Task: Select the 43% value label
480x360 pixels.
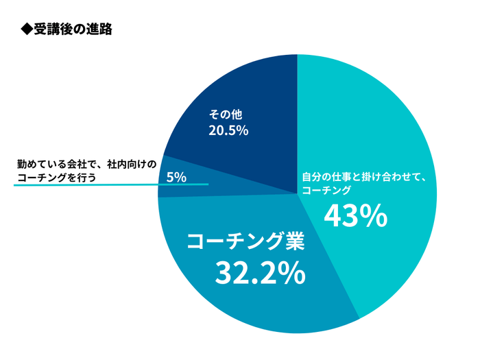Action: (x=355, y=217)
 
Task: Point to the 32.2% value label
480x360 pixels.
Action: (x=260, y=273)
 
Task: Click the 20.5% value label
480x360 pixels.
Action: (x=228, y=130)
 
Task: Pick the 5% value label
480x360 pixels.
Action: (x=176, y=177)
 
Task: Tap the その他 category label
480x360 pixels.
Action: (x=226, y=115)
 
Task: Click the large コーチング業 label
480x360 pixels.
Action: (x=246, y=241)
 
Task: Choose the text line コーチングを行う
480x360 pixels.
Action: (x=55, y=177)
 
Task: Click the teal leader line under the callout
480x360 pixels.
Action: (x=110, y=184)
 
